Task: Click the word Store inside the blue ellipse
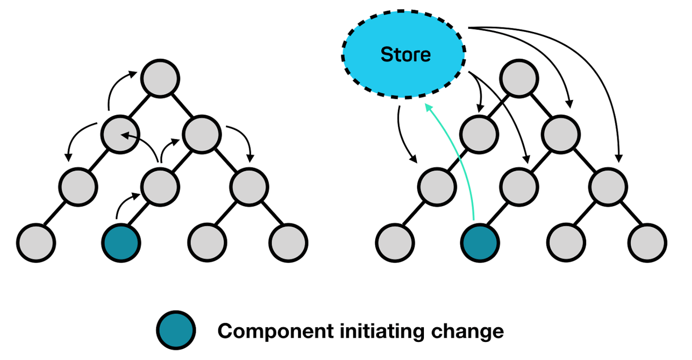(x=405, y=55)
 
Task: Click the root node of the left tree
(x=160, y=78)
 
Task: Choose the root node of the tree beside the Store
(x=519, y=78)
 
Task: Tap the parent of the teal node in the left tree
(x=160, y=186)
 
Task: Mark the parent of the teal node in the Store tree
(x=520, y=186)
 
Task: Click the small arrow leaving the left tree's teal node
(x=124, y=204)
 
